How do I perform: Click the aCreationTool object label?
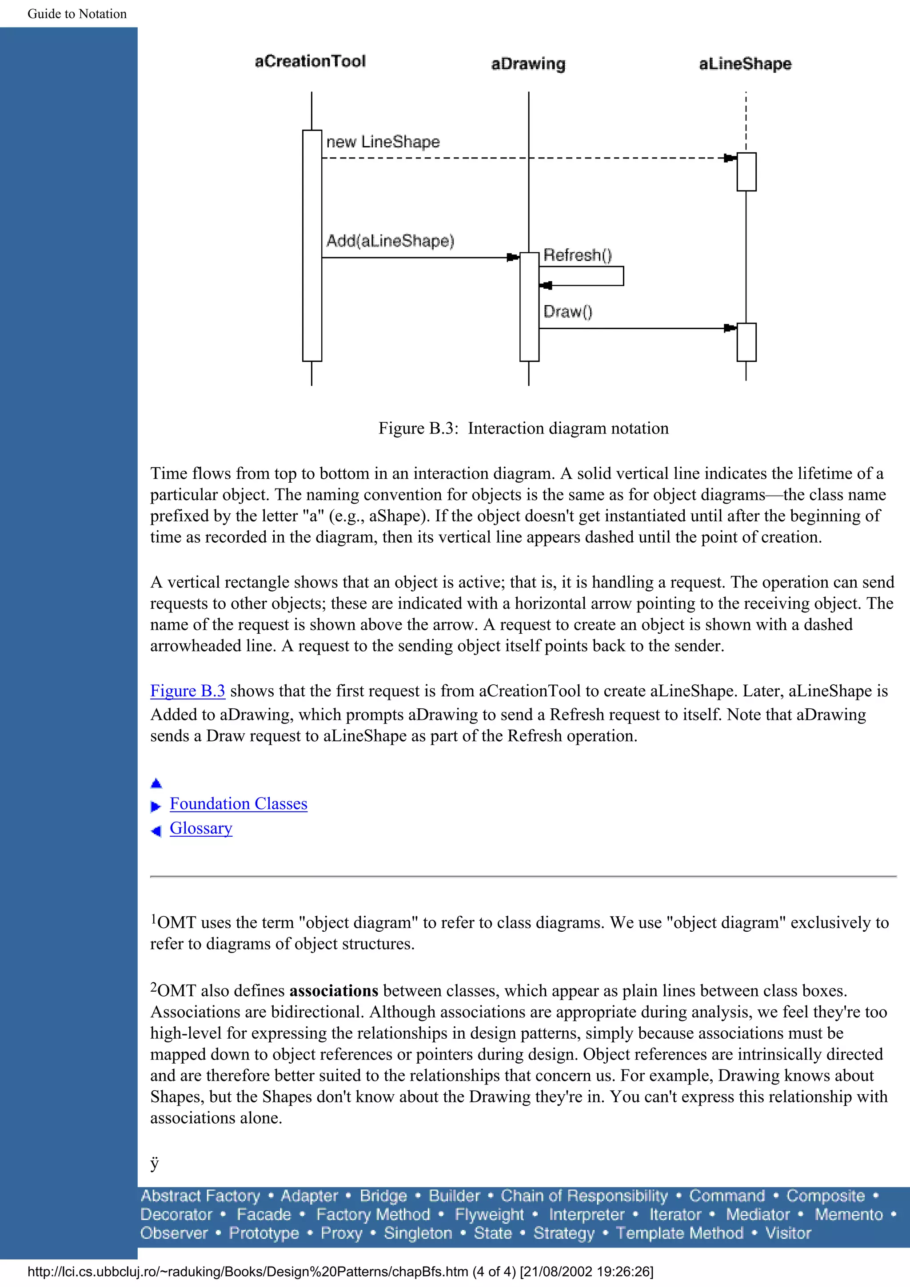310,61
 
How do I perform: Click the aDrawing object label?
528,64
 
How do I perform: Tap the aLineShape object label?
745,64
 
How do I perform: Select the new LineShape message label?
383,142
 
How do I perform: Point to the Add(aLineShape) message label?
390,240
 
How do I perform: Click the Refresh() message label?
578,256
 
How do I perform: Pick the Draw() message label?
567,312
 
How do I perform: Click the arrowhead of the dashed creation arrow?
730,158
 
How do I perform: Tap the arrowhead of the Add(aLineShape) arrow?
512,258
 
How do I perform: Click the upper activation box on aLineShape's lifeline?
746,171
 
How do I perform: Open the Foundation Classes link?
238,804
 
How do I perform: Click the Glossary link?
201,829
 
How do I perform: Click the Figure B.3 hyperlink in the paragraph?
187,691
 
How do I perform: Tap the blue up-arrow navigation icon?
156,784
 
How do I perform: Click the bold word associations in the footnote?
334,991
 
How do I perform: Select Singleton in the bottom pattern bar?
418,1233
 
